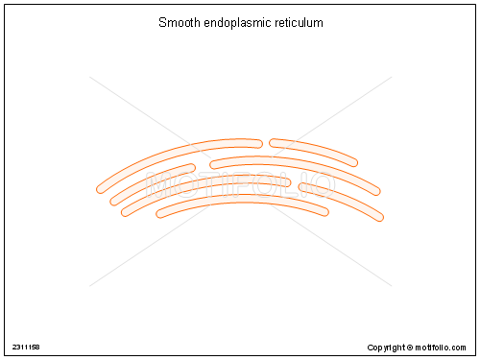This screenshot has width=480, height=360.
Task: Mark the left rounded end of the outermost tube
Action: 101,188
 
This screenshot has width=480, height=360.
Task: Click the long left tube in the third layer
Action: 202,183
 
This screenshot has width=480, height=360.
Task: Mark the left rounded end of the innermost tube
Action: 161,212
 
